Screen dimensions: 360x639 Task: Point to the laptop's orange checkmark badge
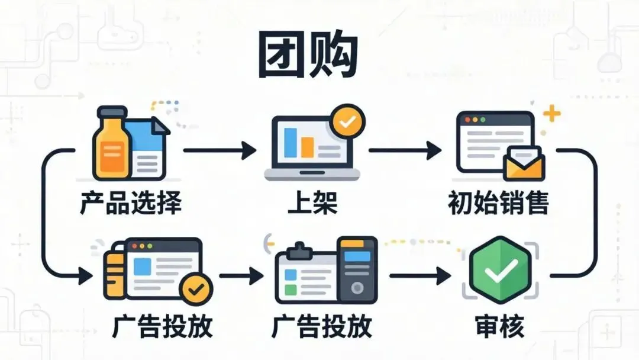[348, 121]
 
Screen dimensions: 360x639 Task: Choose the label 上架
[312, 202]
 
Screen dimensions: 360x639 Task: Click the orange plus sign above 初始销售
[551, 114]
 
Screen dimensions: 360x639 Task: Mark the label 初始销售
[499, 203]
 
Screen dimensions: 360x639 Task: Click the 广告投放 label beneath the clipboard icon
[322, 326]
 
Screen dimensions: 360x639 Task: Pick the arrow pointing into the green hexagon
[420, 275]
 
